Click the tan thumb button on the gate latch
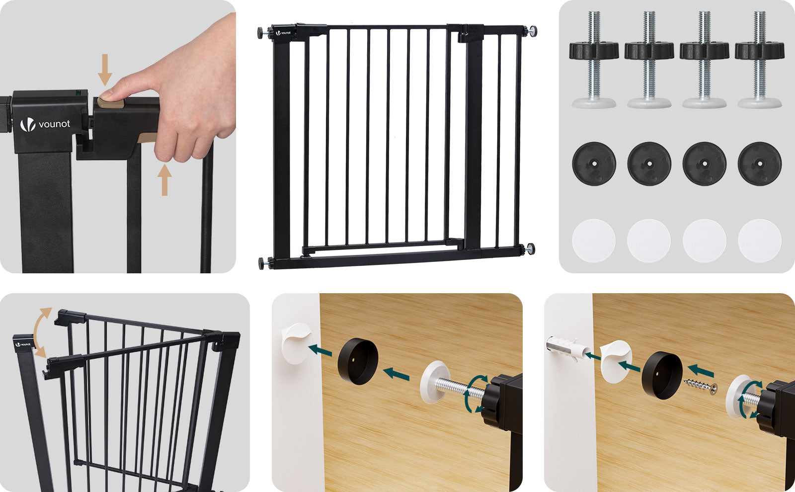coord(111,103)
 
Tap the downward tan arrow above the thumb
coord(105,70)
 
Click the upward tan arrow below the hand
coord(164,179)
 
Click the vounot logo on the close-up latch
coord(45,124)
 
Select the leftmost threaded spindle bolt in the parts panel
coord(594,60)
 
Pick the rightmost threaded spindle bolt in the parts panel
coord(760,60)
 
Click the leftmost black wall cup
coord(594,164)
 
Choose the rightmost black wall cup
coord(760,164)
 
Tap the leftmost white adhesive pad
coord(594,241)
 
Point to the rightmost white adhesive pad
coord(760,241)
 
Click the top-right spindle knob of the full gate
coord(531,31)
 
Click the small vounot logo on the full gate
coord(283,33)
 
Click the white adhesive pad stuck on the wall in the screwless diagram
coord(297,343)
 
